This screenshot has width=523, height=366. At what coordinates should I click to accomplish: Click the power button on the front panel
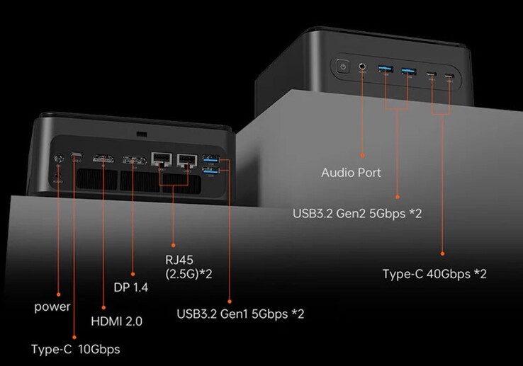(343, 68)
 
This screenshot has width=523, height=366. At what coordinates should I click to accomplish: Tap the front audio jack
(363, 68)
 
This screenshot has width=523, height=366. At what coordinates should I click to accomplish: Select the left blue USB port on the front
(386, 69)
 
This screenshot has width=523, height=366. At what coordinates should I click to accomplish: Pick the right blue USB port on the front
(408, 70)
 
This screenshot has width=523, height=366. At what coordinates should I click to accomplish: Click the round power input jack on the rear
(59, 159)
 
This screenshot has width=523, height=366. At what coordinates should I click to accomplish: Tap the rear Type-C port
(77, 159)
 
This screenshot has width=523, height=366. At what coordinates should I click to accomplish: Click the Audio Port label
(351, 173)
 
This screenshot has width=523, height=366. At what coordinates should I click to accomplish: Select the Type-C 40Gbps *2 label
(434, 273)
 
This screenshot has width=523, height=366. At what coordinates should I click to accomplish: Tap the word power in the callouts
(52, 307)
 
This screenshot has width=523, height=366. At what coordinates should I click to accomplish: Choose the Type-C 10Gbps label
(76, 349)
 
